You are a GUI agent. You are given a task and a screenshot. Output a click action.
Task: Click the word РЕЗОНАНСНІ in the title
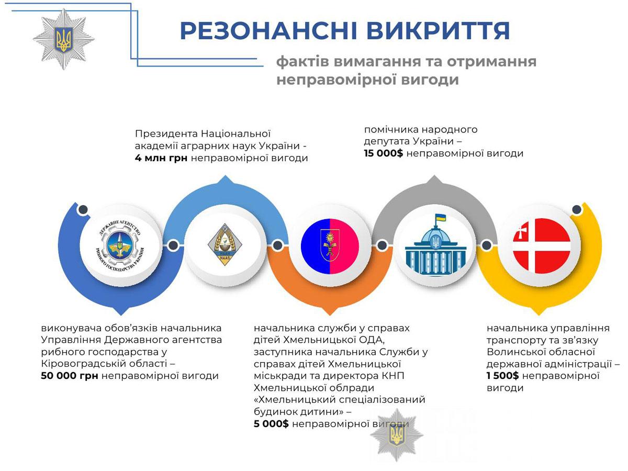268,30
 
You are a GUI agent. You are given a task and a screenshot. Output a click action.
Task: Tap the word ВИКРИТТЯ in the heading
438,30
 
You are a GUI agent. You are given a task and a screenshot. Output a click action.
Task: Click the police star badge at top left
63,39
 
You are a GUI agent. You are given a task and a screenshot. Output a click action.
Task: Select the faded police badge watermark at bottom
397,435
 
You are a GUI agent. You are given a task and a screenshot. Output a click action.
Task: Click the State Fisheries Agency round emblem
120,245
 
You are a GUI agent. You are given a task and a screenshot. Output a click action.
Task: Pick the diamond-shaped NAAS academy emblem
225,244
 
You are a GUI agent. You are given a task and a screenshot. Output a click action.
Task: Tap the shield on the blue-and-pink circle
330,244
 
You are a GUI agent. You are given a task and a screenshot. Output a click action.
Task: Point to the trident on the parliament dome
436,242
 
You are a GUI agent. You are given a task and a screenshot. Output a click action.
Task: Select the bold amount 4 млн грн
161,158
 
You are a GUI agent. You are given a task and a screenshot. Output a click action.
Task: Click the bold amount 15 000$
384,153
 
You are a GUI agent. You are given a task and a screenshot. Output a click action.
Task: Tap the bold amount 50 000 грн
70,376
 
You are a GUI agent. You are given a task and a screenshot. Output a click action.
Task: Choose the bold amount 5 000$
271,424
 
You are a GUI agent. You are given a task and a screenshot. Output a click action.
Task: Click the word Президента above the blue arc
166,134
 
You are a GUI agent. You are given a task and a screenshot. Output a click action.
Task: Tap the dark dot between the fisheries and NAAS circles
173,245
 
